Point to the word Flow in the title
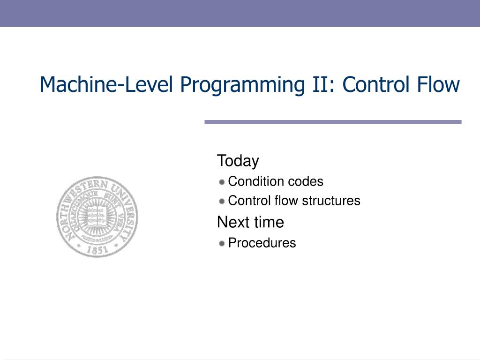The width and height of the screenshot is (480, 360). coord(437,84)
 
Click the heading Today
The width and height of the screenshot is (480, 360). coord(238,161)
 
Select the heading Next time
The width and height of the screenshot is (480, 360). coord(250,222)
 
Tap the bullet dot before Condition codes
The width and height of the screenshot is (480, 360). coord(222,181)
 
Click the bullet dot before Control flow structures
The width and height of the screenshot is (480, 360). coord(222,201)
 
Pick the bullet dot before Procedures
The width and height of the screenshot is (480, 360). coord(222,243)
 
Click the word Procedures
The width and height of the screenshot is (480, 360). coord(262,243)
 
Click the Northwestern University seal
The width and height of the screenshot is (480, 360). coord(97,217)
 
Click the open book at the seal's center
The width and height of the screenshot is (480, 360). coord(97,215)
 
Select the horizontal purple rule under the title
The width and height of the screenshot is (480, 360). coord(333,122)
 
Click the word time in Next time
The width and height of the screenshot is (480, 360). coord(269,222)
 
